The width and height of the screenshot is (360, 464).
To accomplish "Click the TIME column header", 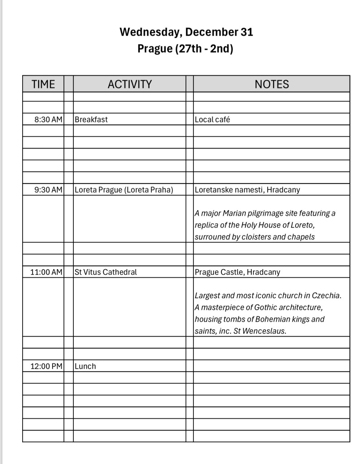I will [x=43, y=84].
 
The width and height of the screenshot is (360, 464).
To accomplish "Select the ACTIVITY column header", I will [x=130, y=84].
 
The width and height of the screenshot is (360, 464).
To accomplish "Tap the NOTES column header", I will [x=272, y=84].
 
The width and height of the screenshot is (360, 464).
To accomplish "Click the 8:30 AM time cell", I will [x=48, y=120].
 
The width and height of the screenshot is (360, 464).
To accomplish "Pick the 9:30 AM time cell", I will [x=48, y=190].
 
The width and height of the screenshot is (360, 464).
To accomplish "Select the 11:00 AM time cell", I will [x=46, y=272].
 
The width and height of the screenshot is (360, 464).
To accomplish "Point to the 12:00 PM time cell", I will [x=46, y=367].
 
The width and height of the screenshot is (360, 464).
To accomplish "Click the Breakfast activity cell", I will [x=91, y=120].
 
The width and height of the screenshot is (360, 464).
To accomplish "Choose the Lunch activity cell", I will [x=85, y=367].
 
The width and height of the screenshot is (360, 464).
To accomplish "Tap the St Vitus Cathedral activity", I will [x=106, y=272].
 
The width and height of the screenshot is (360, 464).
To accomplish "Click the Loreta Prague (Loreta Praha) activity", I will [x=124, y=190].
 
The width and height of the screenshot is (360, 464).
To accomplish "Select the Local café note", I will [x=212, y=120].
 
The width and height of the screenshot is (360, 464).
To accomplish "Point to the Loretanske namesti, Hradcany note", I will [x=247, y=190].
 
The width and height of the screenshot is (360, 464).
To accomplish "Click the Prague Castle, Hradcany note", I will [x=237, y=272].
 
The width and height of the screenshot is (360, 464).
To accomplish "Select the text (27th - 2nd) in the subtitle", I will [x=204, y=48].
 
